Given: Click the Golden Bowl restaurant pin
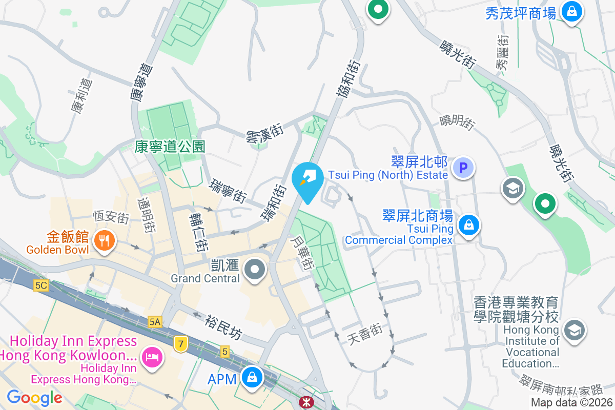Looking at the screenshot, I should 104,240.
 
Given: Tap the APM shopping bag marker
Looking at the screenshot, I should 252,378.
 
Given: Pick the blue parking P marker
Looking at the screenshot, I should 463,167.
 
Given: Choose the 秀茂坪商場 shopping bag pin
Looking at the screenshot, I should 571,11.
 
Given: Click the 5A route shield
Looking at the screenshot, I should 155,322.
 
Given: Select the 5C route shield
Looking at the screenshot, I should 42,285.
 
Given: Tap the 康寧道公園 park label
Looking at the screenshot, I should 170,147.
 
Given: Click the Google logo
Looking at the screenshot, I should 34,397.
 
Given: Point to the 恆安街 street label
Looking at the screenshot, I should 111,217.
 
